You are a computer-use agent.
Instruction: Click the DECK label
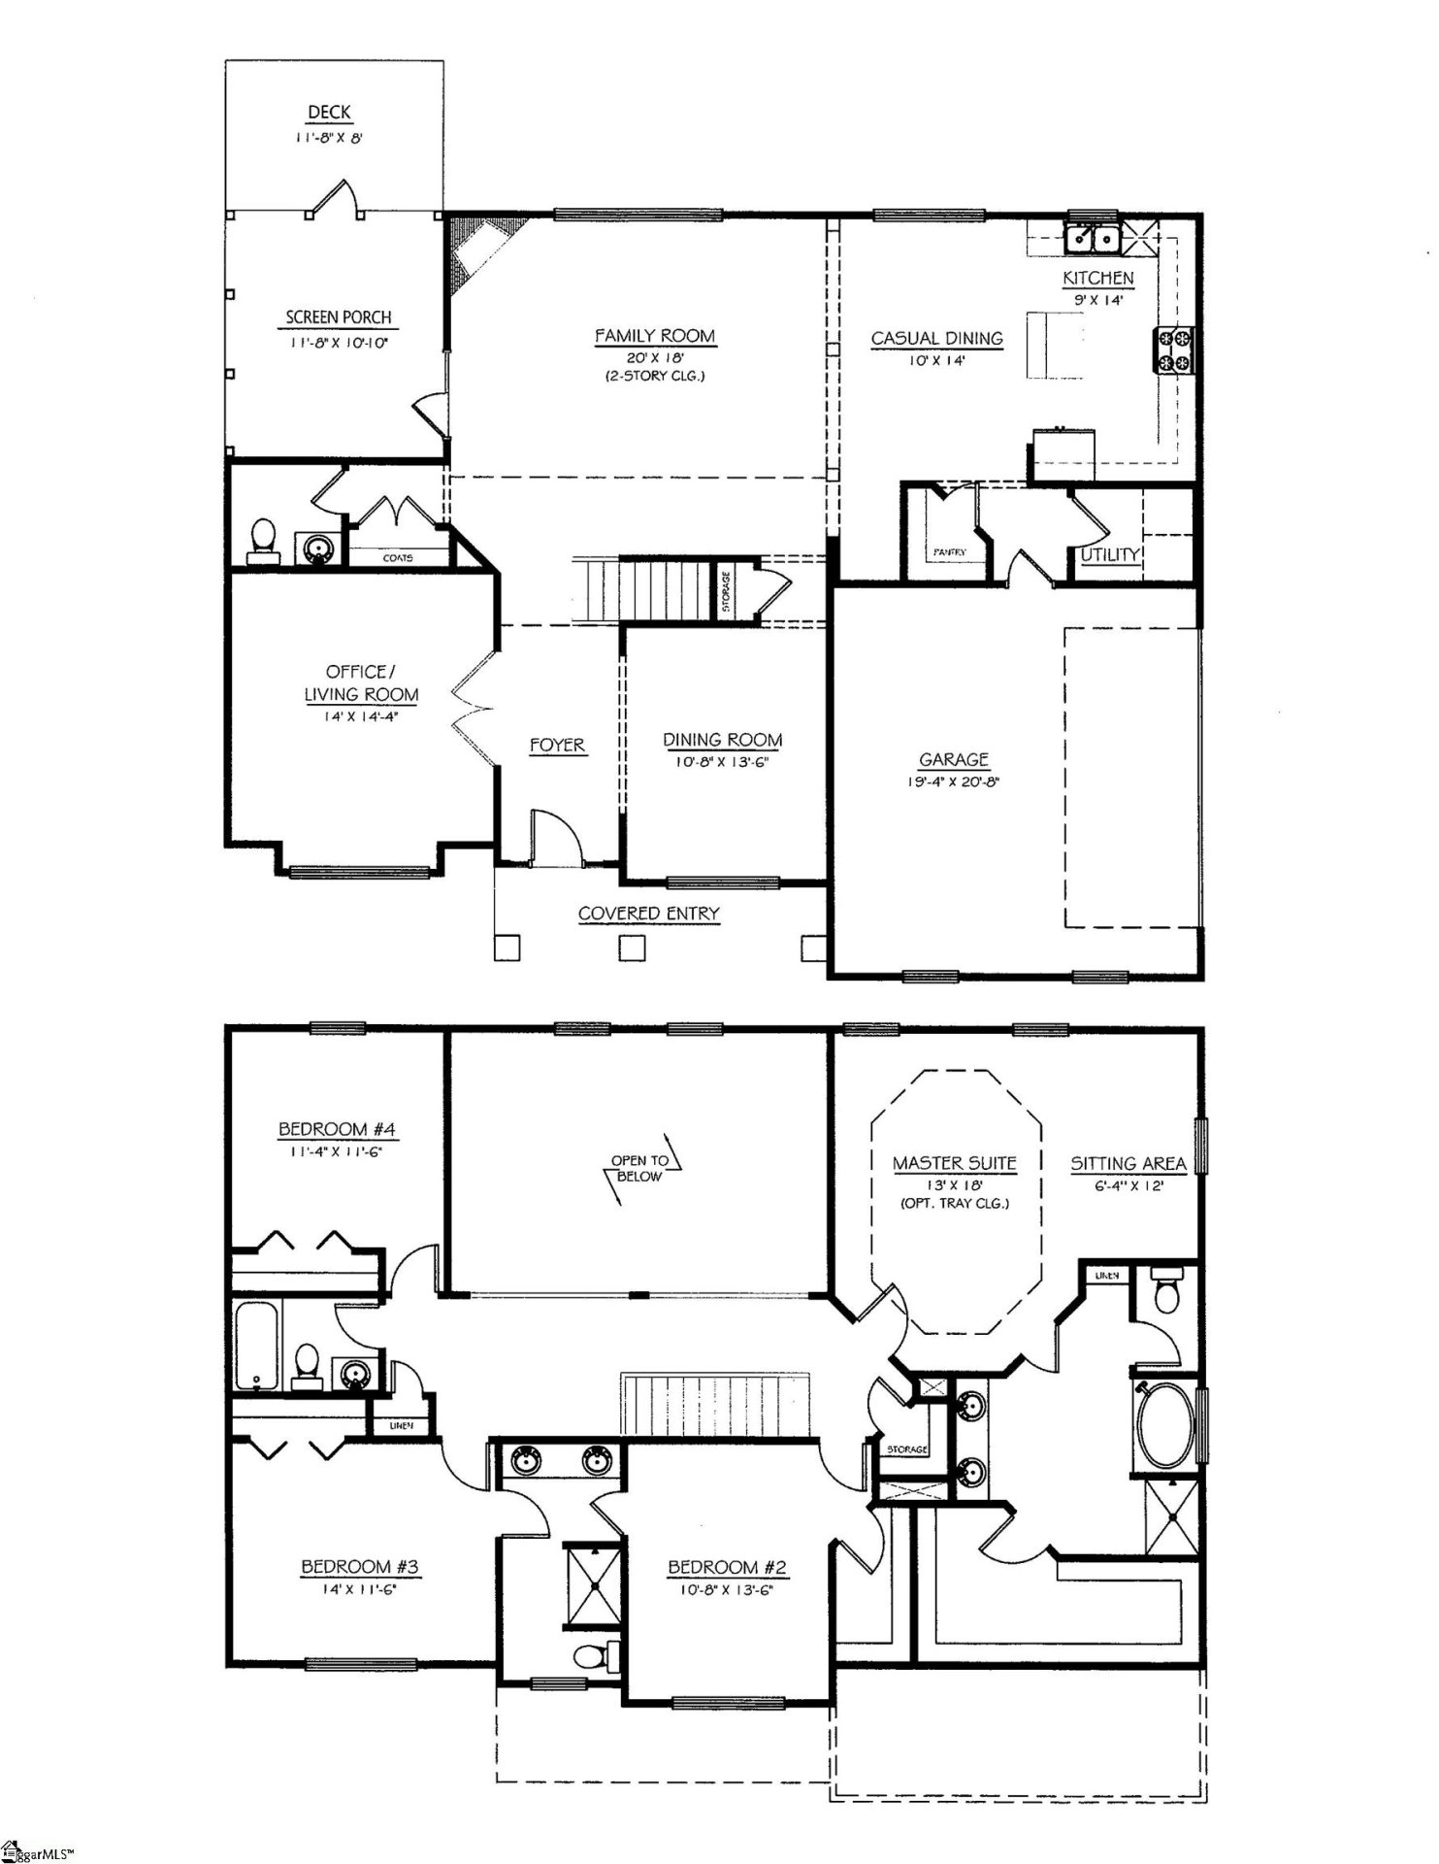pyautogui.click(x=329, y=113)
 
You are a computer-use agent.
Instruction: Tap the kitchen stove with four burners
pyautogui.click(x=1174, y=350)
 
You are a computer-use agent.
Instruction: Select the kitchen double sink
pyautogui.click(x=1092, y=238)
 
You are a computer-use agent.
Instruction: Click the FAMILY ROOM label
pyautogui.click(x=654, y=336)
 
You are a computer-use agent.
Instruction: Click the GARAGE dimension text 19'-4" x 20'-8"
pyautogui.click(x=953, y=781)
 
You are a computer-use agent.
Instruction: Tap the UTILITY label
pyautogui.click(x=1110, y=554)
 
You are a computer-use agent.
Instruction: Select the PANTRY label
pyautogui.click(x=949, y=551)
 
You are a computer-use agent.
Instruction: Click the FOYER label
pyautogui.click(x=557, y=745)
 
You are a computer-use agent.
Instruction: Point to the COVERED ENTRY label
pyautogui.click(x=648, y=914)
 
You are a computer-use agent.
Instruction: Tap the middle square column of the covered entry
pyautogui.click(x=633, y=947)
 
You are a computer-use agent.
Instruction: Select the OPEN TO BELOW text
pyautogui.click(x=639, y=1168)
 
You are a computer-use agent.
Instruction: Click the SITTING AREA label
pyautogui.click(x=1128, y=1163)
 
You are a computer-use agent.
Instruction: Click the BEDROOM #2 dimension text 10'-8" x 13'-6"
pyautogui.click(x=726, y=1590)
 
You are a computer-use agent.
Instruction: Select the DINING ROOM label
pyautogui.click(x=722, y=740)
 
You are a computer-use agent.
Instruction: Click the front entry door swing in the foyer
pyautogui.click(x=556, y=835)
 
